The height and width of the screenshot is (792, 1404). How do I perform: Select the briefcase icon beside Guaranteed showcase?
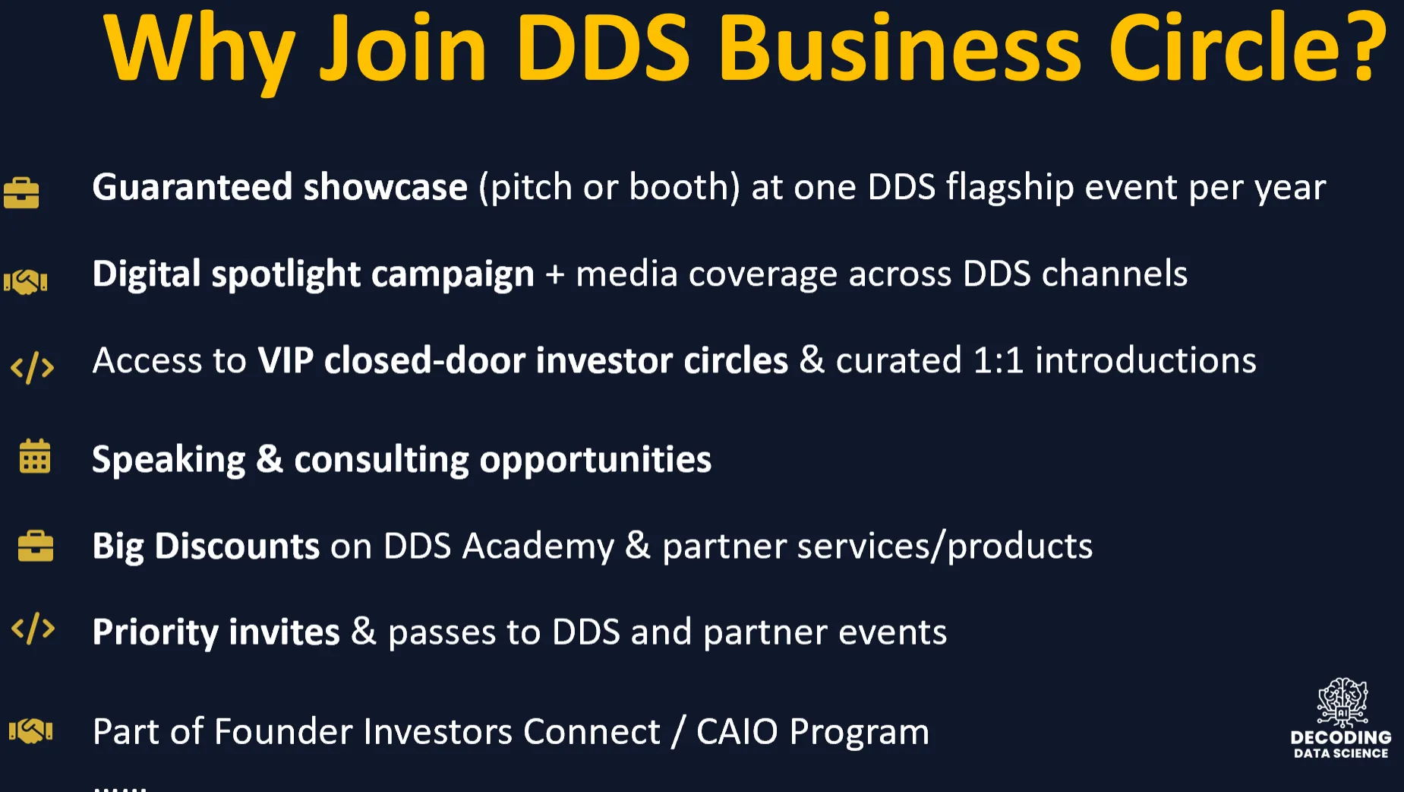[x=21, y=192]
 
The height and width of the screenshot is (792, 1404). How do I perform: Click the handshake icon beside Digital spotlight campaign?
[x=25, y=282]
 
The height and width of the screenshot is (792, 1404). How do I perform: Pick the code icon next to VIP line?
[x=33, y=368]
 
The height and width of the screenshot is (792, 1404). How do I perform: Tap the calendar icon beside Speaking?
[x=35, y=456]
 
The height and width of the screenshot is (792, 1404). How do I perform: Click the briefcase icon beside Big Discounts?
[x=36, y=546]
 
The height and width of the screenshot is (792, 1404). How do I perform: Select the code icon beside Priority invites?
[x=33, y=629]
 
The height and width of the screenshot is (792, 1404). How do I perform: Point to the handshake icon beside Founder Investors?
[x=30, y=731]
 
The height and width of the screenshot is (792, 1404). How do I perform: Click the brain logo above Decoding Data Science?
[x=1342, y=702]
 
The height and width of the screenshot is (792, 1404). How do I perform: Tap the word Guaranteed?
[x=193, y=187]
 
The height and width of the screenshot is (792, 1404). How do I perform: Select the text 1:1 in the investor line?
[x=999, y=360]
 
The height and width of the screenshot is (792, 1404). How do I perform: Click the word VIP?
[x=286, y=360]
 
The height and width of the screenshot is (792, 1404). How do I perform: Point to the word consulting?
[x=382, y=460]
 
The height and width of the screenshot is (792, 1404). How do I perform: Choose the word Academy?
[x=538, y=547]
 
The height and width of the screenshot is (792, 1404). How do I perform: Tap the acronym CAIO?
[x=737, y=732]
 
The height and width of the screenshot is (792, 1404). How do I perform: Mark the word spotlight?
[x=286, y=274]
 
